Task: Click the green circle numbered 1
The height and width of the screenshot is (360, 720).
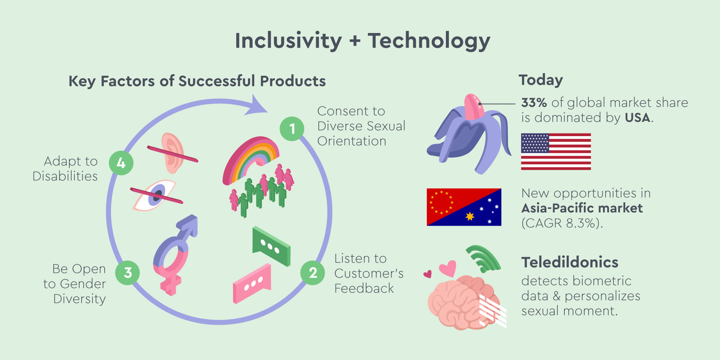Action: [292, 129]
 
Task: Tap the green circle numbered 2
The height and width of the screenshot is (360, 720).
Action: [313, 273]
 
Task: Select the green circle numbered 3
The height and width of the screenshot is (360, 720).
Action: [127, 273]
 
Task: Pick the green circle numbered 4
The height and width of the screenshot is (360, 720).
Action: [121, 163]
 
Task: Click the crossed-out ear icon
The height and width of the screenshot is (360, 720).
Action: [172, 153]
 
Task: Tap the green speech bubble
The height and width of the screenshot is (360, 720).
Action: [271, 246]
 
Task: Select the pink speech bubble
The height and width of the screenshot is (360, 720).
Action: [252, 283]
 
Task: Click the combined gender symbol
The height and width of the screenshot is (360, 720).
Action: [175, 255]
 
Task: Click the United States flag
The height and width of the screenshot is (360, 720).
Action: [556, 151]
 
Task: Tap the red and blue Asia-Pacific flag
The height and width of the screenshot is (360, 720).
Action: [464, 207]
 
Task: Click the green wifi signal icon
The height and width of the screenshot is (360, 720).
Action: [483, 259]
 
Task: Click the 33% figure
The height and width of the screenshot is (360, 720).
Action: [534, 102]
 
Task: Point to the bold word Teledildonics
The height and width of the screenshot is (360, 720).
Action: [570, 262]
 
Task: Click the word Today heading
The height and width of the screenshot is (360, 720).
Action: [541, 80]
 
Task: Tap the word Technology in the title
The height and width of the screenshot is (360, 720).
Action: [429, 41]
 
